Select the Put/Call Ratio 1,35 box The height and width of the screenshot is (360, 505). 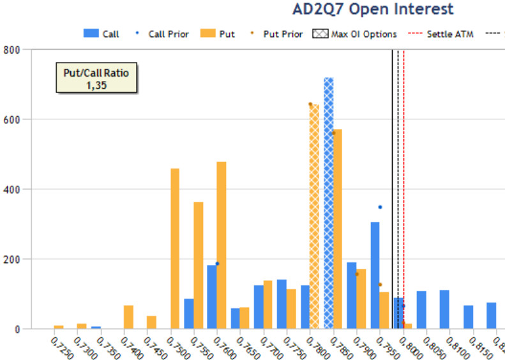[x=96, y=79]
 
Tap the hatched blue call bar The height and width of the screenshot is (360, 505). [x=328, y=203]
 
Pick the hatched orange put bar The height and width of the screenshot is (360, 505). [x=313, y=216]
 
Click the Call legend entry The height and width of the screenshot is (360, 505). [x=102, y=34]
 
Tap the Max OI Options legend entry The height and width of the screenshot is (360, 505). [x=355, y=34]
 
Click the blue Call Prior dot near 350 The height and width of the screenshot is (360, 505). [x=380, y=207]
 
